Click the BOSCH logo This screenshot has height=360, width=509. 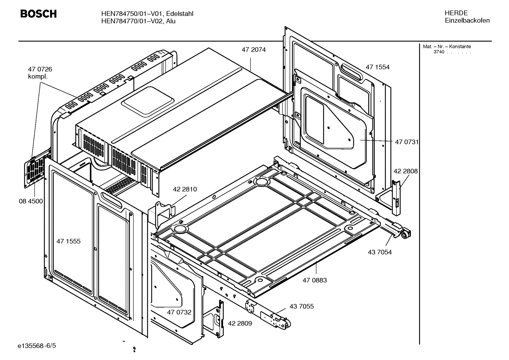coord(38,14)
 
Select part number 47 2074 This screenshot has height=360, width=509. coord(253,50)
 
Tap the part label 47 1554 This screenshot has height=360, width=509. coord(377,67)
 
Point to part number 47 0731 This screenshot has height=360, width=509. coord(406,142)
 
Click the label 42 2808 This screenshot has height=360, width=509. coord(405,171)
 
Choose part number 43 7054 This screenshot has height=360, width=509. coord(379,252)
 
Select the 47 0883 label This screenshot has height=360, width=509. coord(315,280)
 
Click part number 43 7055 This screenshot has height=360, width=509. coord(301,306)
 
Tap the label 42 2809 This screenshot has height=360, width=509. coord(240,323)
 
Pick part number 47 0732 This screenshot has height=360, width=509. coord(179,312)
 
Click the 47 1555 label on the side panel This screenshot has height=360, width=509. coord(68,241)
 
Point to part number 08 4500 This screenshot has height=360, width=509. coord(31,201)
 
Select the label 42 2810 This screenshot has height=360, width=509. coord(185,189)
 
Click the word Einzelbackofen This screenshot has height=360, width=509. coord(467,20)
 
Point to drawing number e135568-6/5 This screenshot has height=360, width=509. coord(37,345)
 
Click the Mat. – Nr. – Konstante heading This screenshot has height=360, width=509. coord(447,47)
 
